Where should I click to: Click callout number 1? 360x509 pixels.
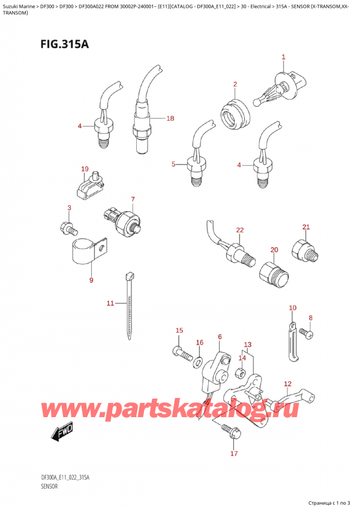tap(283, 58)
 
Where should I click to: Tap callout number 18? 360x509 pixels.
tap(170, 118)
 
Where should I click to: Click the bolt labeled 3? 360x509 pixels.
tap(68, 227)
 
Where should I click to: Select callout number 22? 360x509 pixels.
tap(240, 230)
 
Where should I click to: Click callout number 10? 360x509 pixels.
tap(293, 308)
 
